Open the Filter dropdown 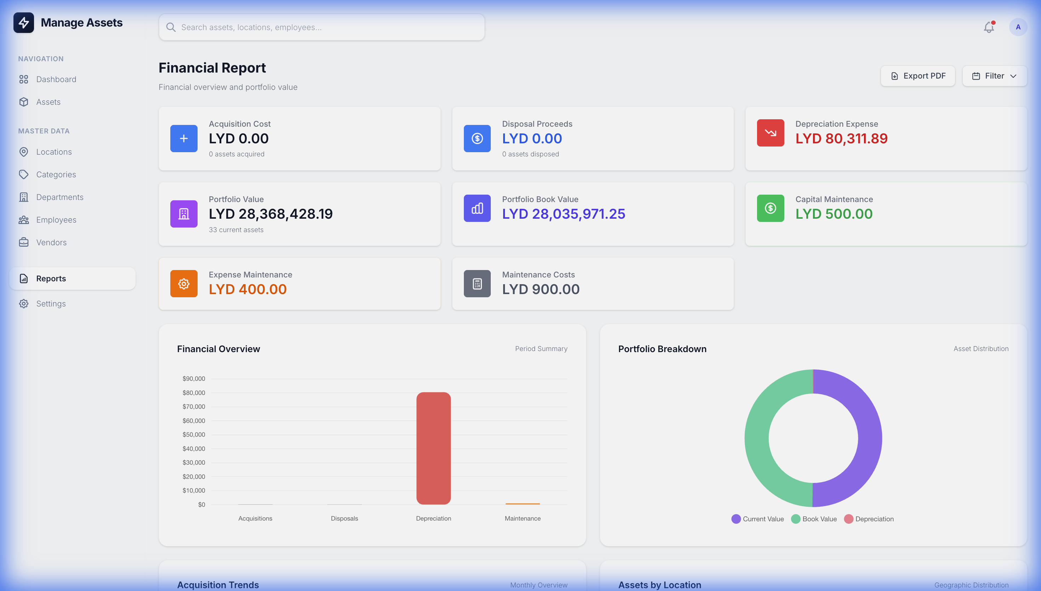(x=994, y=76)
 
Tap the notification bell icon (x=989, y=27)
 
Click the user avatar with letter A (x=1018, y=27)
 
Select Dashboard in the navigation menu (x=56, y=79)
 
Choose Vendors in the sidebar (x=51, y=242)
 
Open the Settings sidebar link (x=51, y=304)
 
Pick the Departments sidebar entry (x=60, y=197)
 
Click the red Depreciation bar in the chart (x=433, y=448)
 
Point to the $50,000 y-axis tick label (x=194, y=434)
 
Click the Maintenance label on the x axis (x=523, y=518)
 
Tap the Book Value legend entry (x=814, y=519)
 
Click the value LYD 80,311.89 (x=841, y=139)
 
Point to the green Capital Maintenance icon (x=770, y=208)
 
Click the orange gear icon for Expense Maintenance (x=184, y=284)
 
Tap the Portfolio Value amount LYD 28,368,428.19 (x=271, y=214)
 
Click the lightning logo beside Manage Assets (x=24, y=23)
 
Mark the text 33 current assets (x=236, y=230)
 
